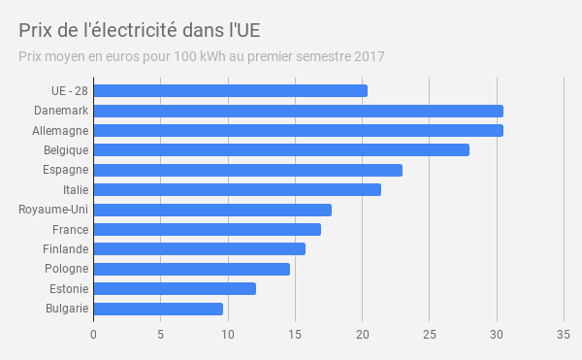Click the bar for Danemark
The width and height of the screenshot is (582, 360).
pos(299,111)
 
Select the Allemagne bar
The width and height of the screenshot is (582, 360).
pos(299,131)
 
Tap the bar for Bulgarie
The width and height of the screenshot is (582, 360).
pos(158,309)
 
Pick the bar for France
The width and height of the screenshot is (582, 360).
pos(208,229)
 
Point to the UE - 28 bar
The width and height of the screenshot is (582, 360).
pos(231,91)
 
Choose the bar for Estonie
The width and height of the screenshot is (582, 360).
pos(175,289)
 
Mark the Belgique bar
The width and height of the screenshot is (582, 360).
pos(281,150)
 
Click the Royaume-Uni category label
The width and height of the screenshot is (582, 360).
pos(53,210)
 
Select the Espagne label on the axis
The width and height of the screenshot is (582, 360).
pos(66,170)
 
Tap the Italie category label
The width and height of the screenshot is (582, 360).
pos(76,189)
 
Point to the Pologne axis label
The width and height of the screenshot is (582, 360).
pos(66,269)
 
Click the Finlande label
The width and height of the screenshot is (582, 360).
pos(66,249)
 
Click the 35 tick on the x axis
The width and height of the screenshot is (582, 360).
pos(564,335)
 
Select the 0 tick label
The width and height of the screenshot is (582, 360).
pos(93,335)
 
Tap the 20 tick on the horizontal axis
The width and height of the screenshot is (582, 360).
pos(362,335)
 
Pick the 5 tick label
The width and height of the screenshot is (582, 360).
pos(160,335)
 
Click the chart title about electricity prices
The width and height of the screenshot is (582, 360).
pos(140,30)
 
